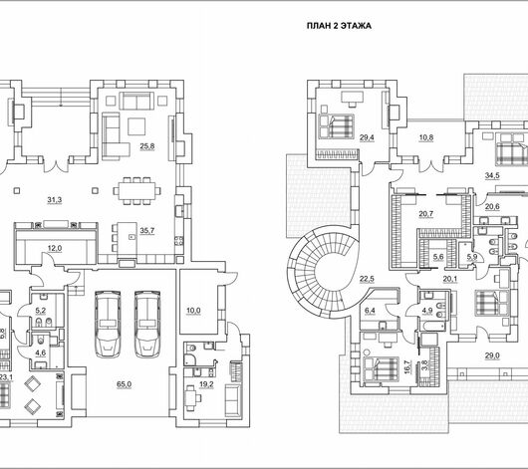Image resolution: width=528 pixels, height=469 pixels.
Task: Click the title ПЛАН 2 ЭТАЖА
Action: point(339,26)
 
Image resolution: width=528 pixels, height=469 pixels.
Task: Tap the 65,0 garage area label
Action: point(124,384)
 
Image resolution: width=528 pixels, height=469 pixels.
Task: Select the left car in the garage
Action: point(108,324)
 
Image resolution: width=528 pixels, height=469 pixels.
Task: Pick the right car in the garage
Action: point(147,324)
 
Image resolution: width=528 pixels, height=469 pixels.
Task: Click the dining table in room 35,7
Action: point(136,191)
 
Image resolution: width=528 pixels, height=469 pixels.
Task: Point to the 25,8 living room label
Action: point(147,146)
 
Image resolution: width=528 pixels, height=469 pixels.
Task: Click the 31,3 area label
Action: point(54,200)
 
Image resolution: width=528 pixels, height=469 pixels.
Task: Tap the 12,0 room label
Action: point(55,249)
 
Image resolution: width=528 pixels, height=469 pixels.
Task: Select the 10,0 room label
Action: point(193,311)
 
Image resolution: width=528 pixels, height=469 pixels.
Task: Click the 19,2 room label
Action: point(206,384)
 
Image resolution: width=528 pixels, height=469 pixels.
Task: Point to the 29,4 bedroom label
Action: point(367,137)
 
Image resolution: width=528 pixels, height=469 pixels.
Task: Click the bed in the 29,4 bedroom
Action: point(336,126)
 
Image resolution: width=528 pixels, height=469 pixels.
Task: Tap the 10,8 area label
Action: point(426,137)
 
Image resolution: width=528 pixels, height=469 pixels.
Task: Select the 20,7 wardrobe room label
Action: point(426,214)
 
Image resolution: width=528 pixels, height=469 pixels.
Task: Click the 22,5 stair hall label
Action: point(367,279)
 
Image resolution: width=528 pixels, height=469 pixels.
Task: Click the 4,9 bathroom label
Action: point(427,311)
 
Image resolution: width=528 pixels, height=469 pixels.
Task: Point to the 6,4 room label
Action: point(370,311)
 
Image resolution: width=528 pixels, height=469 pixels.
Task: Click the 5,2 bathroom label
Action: point(41,311)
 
